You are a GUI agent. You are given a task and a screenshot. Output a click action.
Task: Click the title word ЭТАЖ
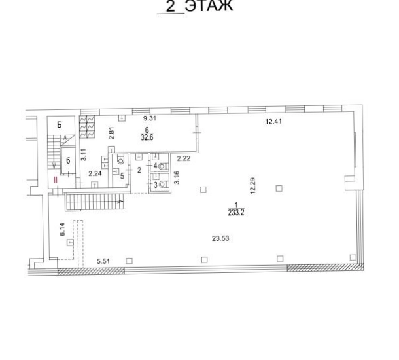(x=209, y=6)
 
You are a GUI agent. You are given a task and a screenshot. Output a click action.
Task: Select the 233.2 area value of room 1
(x=236, y=213)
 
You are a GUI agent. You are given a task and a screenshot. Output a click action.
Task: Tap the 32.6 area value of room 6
(x=147, y=137)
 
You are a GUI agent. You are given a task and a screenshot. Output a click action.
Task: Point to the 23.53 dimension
(x=220, y=238)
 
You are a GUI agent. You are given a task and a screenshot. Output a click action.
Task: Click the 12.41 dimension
(x=273, y=122)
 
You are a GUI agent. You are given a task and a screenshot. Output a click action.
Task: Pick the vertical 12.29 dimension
(x=252, y=186)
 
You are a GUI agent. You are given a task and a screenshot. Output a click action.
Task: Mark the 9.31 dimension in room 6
(x=150, y=118)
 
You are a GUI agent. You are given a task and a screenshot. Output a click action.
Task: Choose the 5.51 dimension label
(x=103, y=261)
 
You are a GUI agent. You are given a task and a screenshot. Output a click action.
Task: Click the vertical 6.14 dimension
(x=63, y=229)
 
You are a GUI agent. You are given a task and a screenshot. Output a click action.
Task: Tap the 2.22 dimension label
(x=184, y=159)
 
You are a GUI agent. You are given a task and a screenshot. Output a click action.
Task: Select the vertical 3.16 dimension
(x=177, y=177)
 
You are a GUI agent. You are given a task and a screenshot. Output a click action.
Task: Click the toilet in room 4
(x=163, y=166)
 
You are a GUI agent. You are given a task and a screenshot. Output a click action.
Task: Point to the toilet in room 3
(x=163, y=185)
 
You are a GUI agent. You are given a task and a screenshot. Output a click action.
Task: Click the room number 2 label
(x=139, y=170)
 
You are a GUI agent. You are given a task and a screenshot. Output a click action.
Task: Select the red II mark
(x=56, y=180)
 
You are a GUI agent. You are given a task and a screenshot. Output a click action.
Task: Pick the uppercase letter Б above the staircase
(x=60, y=125)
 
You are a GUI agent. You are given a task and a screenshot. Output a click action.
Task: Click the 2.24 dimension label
(x=95, y=174)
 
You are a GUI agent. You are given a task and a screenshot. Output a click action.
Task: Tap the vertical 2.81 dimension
(x=112, y=133)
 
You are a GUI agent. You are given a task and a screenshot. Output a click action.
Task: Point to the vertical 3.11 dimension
(x=84, y=154)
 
